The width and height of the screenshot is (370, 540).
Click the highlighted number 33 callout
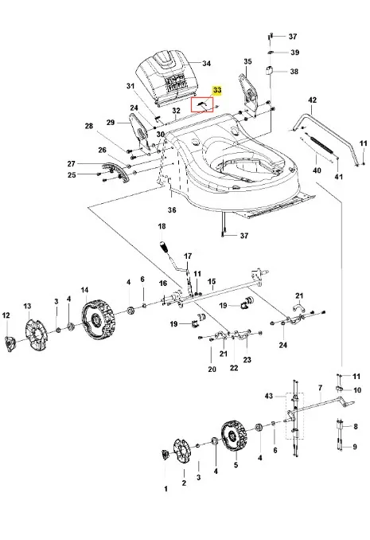[217, 90]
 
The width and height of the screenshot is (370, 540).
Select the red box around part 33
[202, 97]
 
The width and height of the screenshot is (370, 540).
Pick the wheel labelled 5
[233, 436]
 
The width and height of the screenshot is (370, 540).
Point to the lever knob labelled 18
[164, 247]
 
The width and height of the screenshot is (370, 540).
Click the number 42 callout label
[312, 100]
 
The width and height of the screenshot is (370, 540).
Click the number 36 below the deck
[172, 209]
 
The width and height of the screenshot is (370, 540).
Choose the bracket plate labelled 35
[249, 92]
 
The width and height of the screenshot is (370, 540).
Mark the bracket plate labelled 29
[141, 134]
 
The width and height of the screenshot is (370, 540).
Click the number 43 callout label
[268, 396]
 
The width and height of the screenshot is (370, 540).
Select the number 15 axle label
[212, 282]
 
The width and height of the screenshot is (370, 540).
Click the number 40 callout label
[317, 170]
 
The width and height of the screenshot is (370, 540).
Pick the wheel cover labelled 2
[182, 451]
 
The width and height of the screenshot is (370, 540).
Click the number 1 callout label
[166, 489]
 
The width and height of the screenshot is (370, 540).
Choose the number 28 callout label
[89, 126]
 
